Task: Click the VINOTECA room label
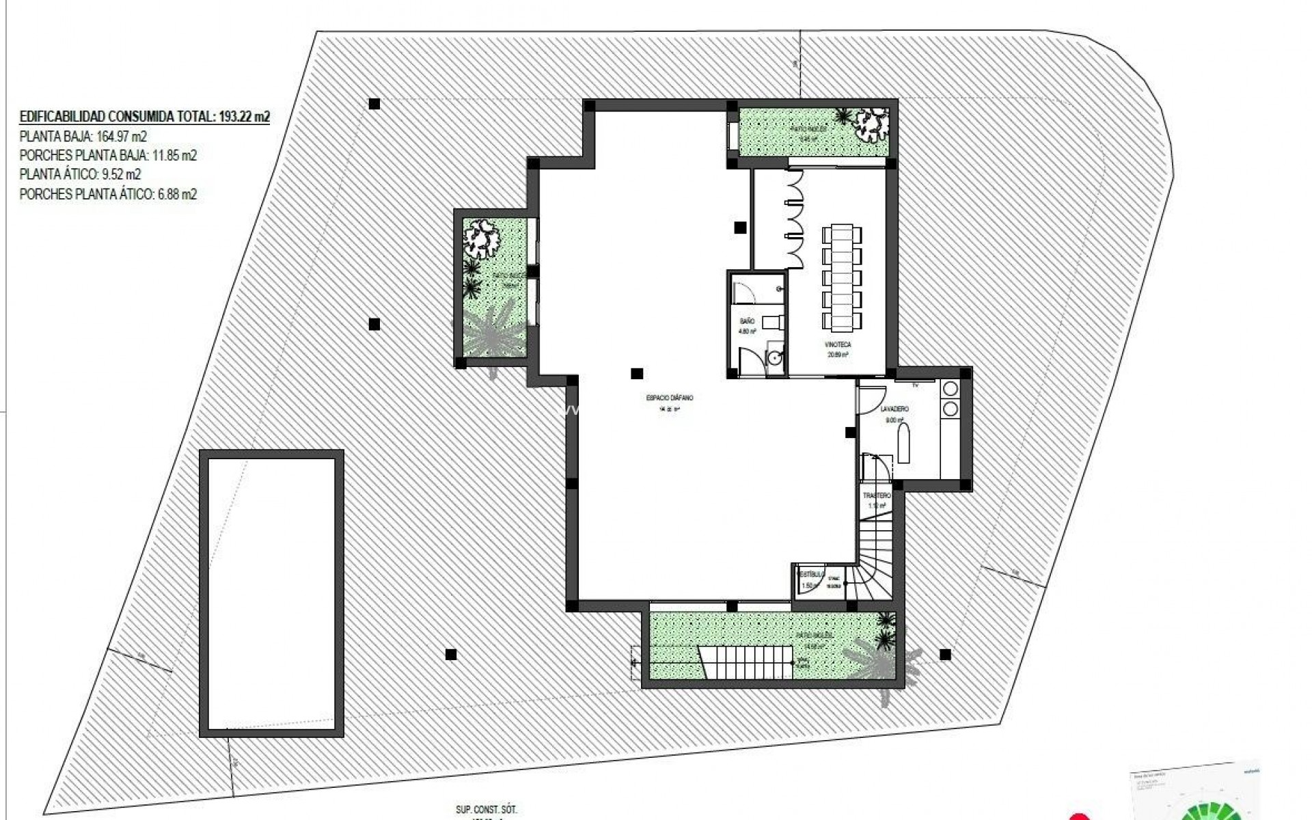(838, 345)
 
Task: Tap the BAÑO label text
(747, 320)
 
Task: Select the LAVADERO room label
(894, 409)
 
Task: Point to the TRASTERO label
(877, 495)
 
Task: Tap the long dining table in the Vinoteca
(842, 278)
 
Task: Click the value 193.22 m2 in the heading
(245, 117)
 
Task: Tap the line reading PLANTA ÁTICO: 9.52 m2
(81, 174)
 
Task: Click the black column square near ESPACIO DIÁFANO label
(637, 373)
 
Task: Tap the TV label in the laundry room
(916, 385)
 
